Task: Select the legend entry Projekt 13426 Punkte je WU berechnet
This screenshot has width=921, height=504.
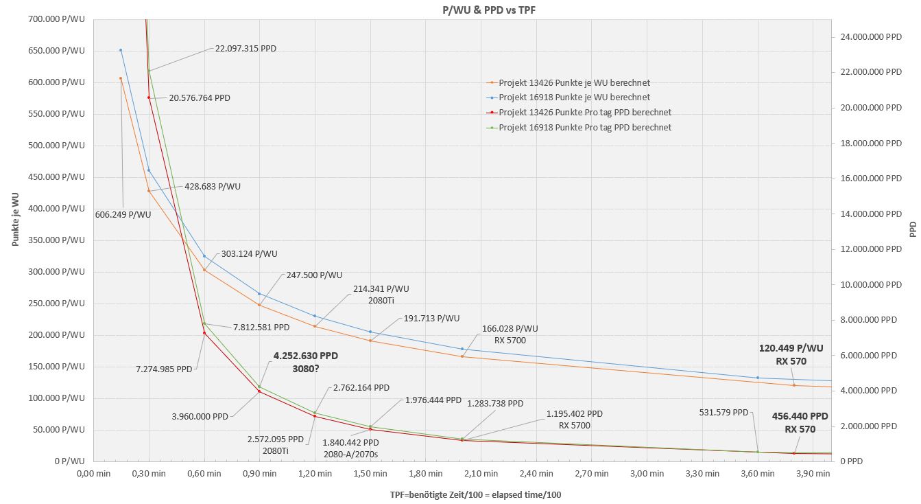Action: pyautogui.click(x=574, y=82)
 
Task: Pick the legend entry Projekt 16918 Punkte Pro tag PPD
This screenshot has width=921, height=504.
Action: pyautogui.click(x=584, y=128)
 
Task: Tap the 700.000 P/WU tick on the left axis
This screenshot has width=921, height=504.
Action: pyautogui.click(x=58, y=19)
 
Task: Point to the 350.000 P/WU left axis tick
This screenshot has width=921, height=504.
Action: pyautogui.click(x=58, y=240)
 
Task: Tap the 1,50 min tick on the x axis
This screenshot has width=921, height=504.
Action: pyautogui.click(x=370, y=474)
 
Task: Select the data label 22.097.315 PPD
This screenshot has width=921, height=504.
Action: pyautogui.click(x=246, y=49)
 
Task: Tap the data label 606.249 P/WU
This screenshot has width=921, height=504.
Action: pyautogui.click(x=123, y=215)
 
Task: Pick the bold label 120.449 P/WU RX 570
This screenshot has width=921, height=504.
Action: pyautogui.click(x=791, y=354)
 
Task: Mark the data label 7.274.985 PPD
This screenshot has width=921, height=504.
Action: pyautogui.click(x=165, y=369)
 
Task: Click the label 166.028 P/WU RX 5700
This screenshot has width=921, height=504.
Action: pyautogui.click(x=510, y=334)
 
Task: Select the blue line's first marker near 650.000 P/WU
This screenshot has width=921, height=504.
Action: pyautogui.click(x=121, y=50)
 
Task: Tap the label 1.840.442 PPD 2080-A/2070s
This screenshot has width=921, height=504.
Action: pyautogui.click(x=350, y=448)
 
